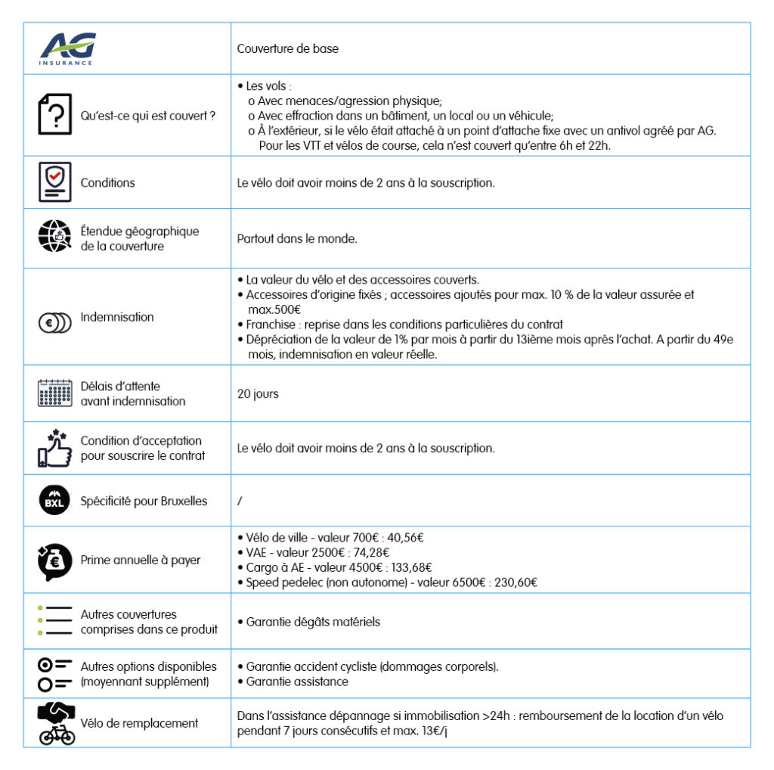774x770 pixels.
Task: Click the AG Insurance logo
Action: click(x=68, y=48)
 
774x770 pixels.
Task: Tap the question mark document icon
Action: click(x=54, y=115)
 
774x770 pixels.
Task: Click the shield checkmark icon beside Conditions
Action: click(x=54, y=182)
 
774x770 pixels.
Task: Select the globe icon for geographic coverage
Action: click(x=54, y=238)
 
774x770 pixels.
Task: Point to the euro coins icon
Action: click(x=54, y=321)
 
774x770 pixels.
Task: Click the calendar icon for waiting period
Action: click(x=54, y=393)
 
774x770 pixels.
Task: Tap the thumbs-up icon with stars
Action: click(x=54, y=448)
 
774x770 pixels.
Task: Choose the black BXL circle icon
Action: click(x=54, y=500)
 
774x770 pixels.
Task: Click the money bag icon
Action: click(x=54, y=561)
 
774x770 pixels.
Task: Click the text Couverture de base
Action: click(x=287, y=49)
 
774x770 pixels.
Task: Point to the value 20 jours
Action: click(x=258, y=394)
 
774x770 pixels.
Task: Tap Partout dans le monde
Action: click(x=296, y=239)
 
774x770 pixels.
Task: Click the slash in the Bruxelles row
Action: click(x=240, y=501)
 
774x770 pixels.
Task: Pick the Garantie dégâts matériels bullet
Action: click(x=313, y=622)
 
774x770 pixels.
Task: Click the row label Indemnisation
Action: click(x=117, y=317)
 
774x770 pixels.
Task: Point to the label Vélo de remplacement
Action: click(x=139, y=723)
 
